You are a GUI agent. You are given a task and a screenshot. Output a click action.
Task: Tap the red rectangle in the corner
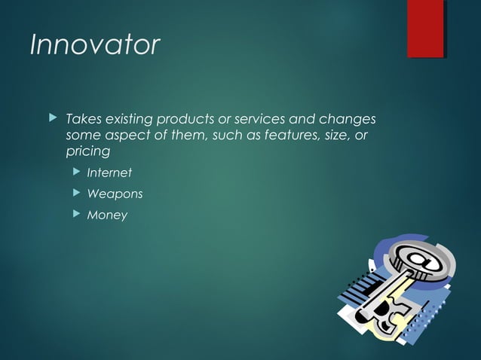(x=425, y=29)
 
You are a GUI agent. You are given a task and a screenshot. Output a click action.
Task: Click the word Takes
(x=83, y=120)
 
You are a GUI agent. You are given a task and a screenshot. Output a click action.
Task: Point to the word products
(x=185, y=120)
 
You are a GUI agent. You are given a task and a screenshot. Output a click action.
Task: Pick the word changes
(x=348, y=120)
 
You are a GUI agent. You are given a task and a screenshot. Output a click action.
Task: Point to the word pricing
(x=87, y=151)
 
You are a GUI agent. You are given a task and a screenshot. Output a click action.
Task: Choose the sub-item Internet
(x=109, y=173)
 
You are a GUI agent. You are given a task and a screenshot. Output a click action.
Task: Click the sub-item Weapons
(x=115, y=194)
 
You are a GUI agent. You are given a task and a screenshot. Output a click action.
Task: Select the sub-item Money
(x=107, y=215)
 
